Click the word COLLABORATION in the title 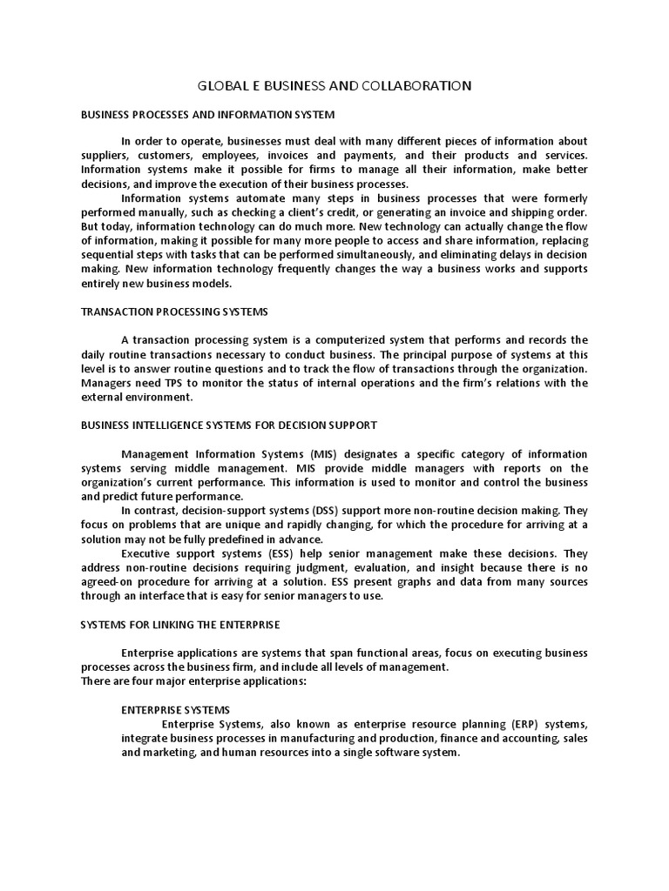click(x=416, y=85)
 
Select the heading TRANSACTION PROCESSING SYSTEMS click(x=174, y=312)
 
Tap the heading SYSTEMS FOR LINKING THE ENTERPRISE click(x=180, y=625)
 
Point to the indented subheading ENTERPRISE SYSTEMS click(x=175, y=710)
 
